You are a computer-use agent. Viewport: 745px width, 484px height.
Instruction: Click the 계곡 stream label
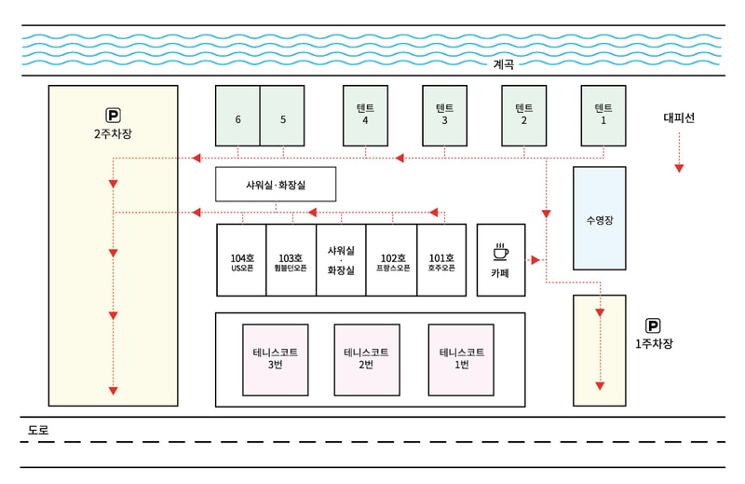[504, 64]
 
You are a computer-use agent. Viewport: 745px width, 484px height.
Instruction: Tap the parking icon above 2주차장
[114, 116]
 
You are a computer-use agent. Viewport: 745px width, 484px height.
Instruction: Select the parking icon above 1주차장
[653, 325]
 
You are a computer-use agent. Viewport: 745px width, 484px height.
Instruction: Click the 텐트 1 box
[603, 116]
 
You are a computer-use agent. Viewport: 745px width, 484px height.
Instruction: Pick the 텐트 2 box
[523, 116]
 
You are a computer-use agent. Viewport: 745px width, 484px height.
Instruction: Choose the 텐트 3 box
[444, 116]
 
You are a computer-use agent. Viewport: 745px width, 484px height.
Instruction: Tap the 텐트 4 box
[365, 116]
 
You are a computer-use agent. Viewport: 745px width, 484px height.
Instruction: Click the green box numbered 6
[237, 117]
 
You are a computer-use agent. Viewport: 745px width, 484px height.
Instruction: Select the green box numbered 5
[282, 117]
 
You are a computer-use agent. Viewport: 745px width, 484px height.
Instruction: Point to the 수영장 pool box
[599, 219]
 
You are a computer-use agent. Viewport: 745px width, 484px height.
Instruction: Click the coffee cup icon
[500, 251]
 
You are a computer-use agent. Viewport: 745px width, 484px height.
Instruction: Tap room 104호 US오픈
[242, 261]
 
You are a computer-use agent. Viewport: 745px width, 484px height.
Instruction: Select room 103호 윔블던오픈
[291, 261]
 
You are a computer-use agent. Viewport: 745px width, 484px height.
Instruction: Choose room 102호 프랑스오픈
[392, 261]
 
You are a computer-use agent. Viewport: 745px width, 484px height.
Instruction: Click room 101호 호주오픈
[441, 261]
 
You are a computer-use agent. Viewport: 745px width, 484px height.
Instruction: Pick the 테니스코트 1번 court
[461, 358]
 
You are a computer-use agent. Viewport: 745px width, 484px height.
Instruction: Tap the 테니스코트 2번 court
[366, 358]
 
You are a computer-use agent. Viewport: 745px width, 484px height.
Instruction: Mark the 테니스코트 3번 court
[275, 358]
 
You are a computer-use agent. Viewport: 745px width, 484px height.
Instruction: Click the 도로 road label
[38, 431]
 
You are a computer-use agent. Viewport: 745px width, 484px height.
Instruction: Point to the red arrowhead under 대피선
[679, 168]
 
